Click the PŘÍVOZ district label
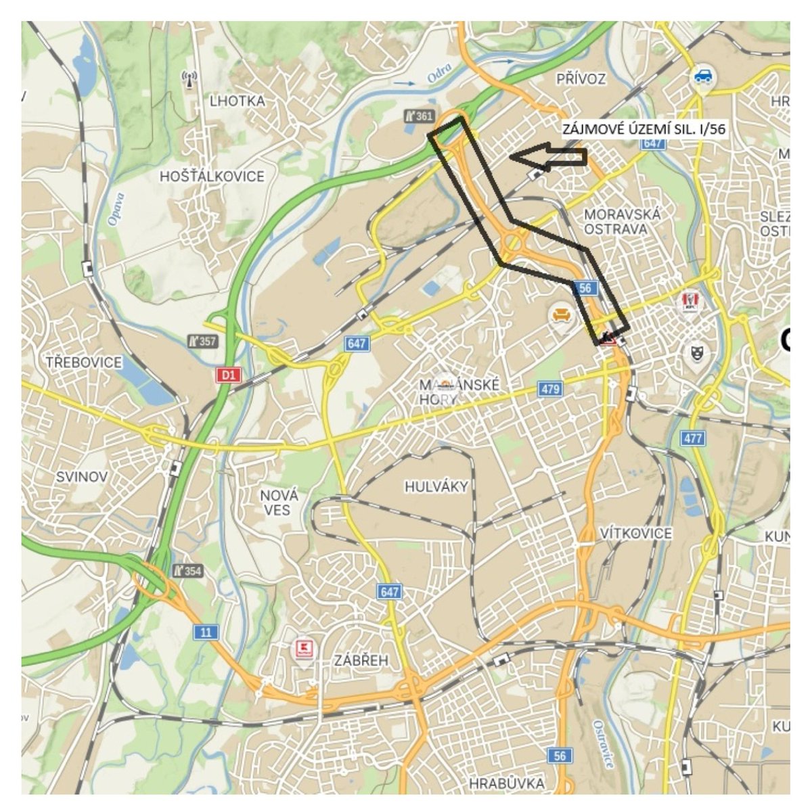click(581, 79)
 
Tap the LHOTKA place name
click(238, 101)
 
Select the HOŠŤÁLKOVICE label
click(212, 176)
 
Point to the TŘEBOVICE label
click(84, 362)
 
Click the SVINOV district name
click(81, 476)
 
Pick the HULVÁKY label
click(436, 486)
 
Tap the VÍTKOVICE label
click(636, 533)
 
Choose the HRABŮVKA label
click(506, 783)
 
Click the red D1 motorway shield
click(229, 374)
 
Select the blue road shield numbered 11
click(206, 632)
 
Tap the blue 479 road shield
click(550, 389)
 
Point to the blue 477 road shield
click(693, 438)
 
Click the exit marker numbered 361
click(419, 116)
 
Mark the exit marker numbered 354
click(187, 571)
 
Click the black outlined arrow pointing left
click(548, 157)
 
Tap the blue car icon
click(703, 76)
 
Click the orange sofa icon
click(560, 315)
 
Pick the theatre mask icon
click(696, 351)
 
